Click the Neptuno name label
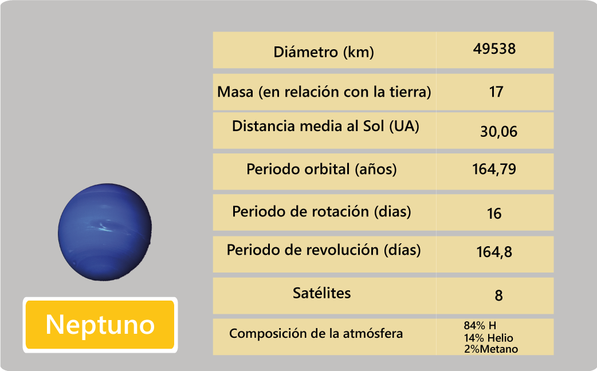(x=100, y=325)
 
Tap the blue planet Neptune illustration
(x=105, y=232)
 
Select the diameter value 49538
(x=494, y=49)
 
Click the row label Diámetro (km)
(x=324, y=52)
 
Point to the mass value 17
(x=496, y=92)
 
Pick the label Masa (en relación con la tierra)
(x=324, y=92)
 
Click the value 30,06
(x=499, y=132)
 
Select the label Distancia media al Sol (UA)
(x=325, y=126)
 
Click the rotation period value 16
(x=494, y=214)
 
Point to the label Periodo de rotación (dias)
(x=322, y=212)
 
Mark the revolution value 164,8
(x=494, y=252)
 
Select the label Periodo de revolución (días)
(x=324, y=250)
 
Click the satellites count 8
(x=498, y=295)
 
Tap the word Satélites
(x=322, y=293)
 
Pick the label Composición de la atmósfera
(x=316, y=334)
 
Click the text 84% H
(x=480, y=326)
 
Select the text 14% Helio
(x=489, y=338)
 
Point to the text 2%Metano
(x=491, y=349)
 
